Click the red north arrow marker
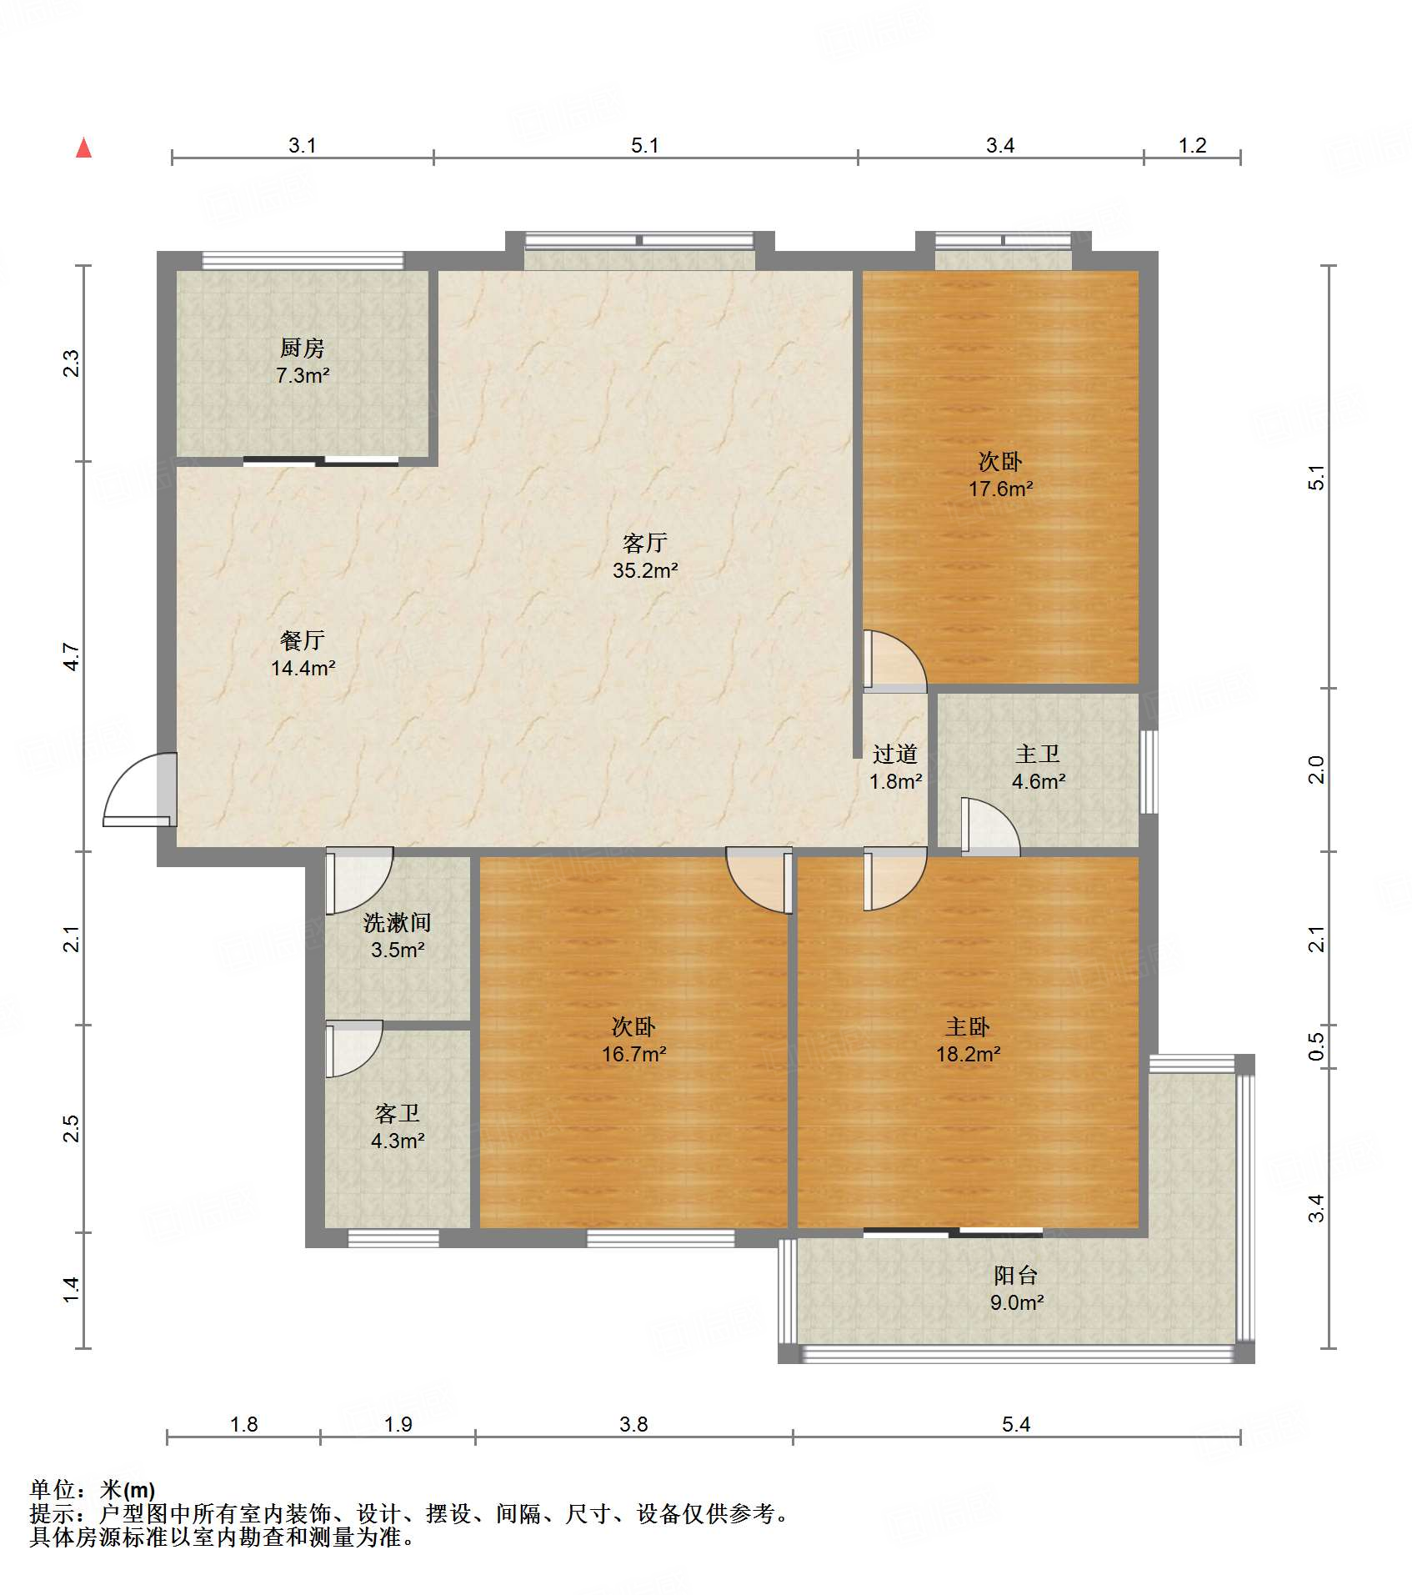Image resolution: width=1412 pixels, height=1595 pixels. coord(83,148)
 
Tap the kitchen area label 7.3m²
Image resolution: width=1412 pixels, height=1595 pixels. coord(303,375)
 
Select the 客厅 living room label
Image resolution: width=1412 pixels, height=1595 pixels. coord(644,544)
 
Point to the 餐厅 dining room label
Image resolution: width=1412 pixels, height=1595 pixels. coord(303,640)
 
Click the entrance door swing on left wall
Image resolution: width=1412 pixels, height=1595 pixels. coord(140,789)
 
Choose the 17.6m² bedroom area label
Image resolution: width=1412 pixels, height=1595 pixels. coord(1000,489)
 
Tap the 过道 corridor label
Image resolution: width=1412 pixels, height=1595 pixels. coord(895,755)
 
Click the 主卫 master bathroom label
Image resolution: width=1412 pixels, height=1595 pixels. coord(1038,755)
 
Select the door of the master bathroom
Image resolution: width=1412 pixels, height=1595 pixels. coord(990,827)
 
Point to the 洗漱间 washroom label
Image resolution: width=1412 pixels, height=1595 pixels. coord(398,923)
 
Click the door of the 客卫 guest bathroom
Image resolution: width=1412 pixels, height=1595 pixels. coord(353,1048)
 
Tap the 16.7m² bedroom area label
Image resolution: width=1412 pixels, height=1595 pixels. coord(633,1054)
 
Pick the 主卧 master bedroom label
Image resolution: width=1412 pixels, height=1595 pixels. coord(967,1026)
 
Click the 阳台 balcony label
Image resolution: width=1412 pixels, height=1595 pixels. coord(1016,1275)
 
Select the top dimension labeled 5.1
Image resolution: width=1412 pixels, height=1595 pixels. coord(644,145)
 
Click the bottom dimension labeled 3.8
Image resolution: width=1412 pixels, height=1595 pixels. coord(633,1424)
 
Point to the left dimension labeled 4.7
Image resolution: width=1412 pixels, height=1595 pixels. coord(73,656)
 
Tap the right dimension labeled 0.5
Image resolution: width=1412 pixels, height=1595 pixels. coord(1316,1046)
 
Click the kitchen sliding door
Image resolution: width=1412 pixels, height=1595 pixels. coord(321,461)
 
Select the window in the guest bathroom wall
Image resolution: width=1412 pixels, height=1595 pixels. coord(393,1239)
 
